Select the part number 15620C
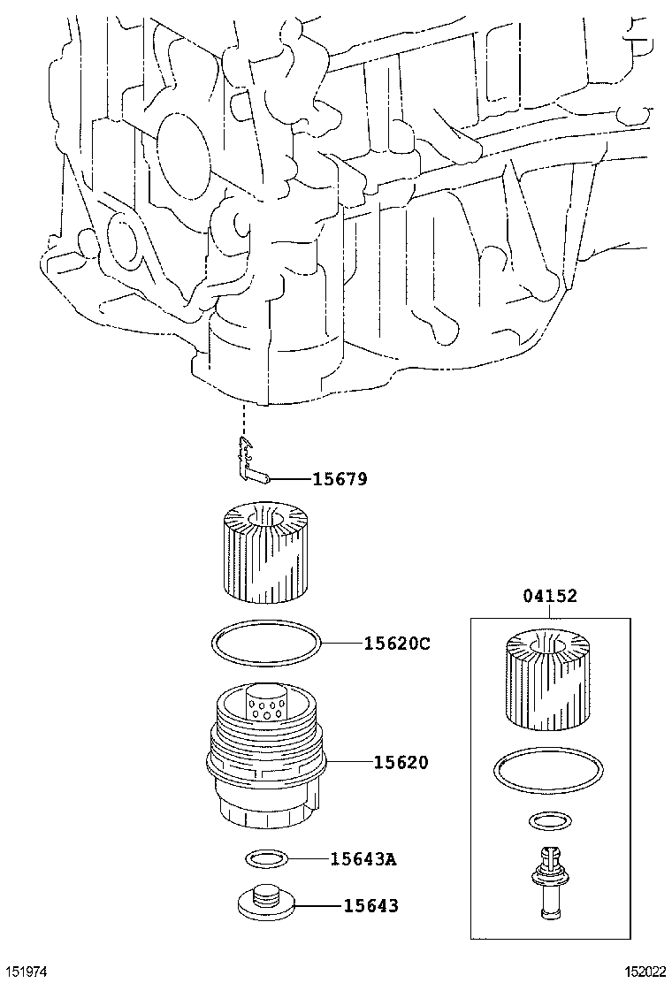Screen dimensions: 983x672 tap(396, 644)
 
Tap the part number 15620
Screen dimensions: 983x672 tap(400, 761)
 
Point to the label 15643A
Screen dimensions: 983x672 tap(363, 857)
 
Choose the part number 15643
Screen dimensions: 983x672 tap(370, 905)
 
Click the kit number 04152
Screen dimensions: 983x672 tap(549, 597)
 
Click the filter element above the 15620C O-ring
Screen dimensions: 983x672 tap(264, 549)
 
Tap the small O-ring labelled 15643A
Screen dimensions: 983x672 tap(264, 857)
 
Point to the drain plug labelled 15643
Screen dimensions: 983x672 tap(264, 902)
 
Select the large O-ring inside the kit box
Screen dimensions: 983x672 tap(548, 767)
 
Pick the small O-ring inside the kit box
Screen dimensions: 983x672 tap(548, 822)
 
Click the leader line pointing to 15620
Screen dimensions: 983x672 tap(349, 761)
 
